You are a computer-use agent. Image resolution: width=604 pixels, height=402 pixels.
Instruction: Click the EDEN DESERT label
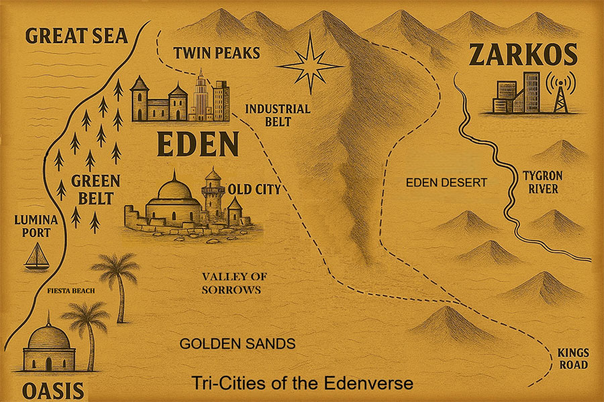click(446, 182)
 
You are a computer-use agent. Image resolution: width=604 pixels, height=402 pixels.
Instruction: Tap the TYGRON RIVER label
click(541, 182)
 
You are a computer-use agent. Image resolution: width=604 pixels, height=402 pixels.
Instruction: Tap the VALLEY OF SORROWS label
click(231, 283)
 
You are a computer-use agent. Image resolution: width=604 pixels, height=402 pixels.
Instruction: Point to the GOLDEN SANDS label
click(238, 344)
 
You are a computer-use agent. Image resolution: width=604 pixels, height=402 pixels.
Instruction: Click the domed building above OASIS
click(47, 345)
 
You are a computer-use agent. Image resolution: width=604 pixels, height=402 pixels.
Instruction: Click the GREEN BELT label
click(95, 189)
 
